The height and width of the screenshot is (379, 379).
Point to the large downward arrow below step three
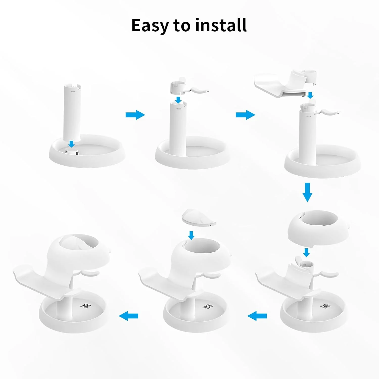pyautogui.click(x=307, y=193)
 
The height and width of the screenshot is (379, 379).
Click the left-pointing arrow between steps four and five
pyautogui.click(x=257, y=316)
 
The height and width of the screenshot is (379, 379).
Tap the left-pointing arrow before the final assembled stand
pyautogui.click(x=129, y=316)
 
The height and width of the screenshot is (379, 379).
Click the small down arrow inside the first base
pyautogui.click(x=72, y=144)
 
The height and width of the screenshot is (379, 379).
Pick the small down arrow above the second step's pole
pyautogui.click(x=179, y=99)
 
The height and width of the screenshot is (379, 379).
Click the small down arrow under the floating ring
pyautogui.click(x=306, y=252)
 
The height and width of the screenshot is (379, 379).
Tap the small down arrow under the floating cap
pyautogui.click(x=191, y=235)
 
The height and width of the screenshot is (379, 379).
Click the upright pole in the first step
pyautogui.click(x=72, y=111)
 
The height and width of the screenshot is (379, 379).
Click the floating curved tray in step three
pyautogui.click(x=280, y=85)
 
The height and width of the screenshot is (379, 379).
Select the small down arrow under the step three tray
pyautogui.click(x=311, y=95)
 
